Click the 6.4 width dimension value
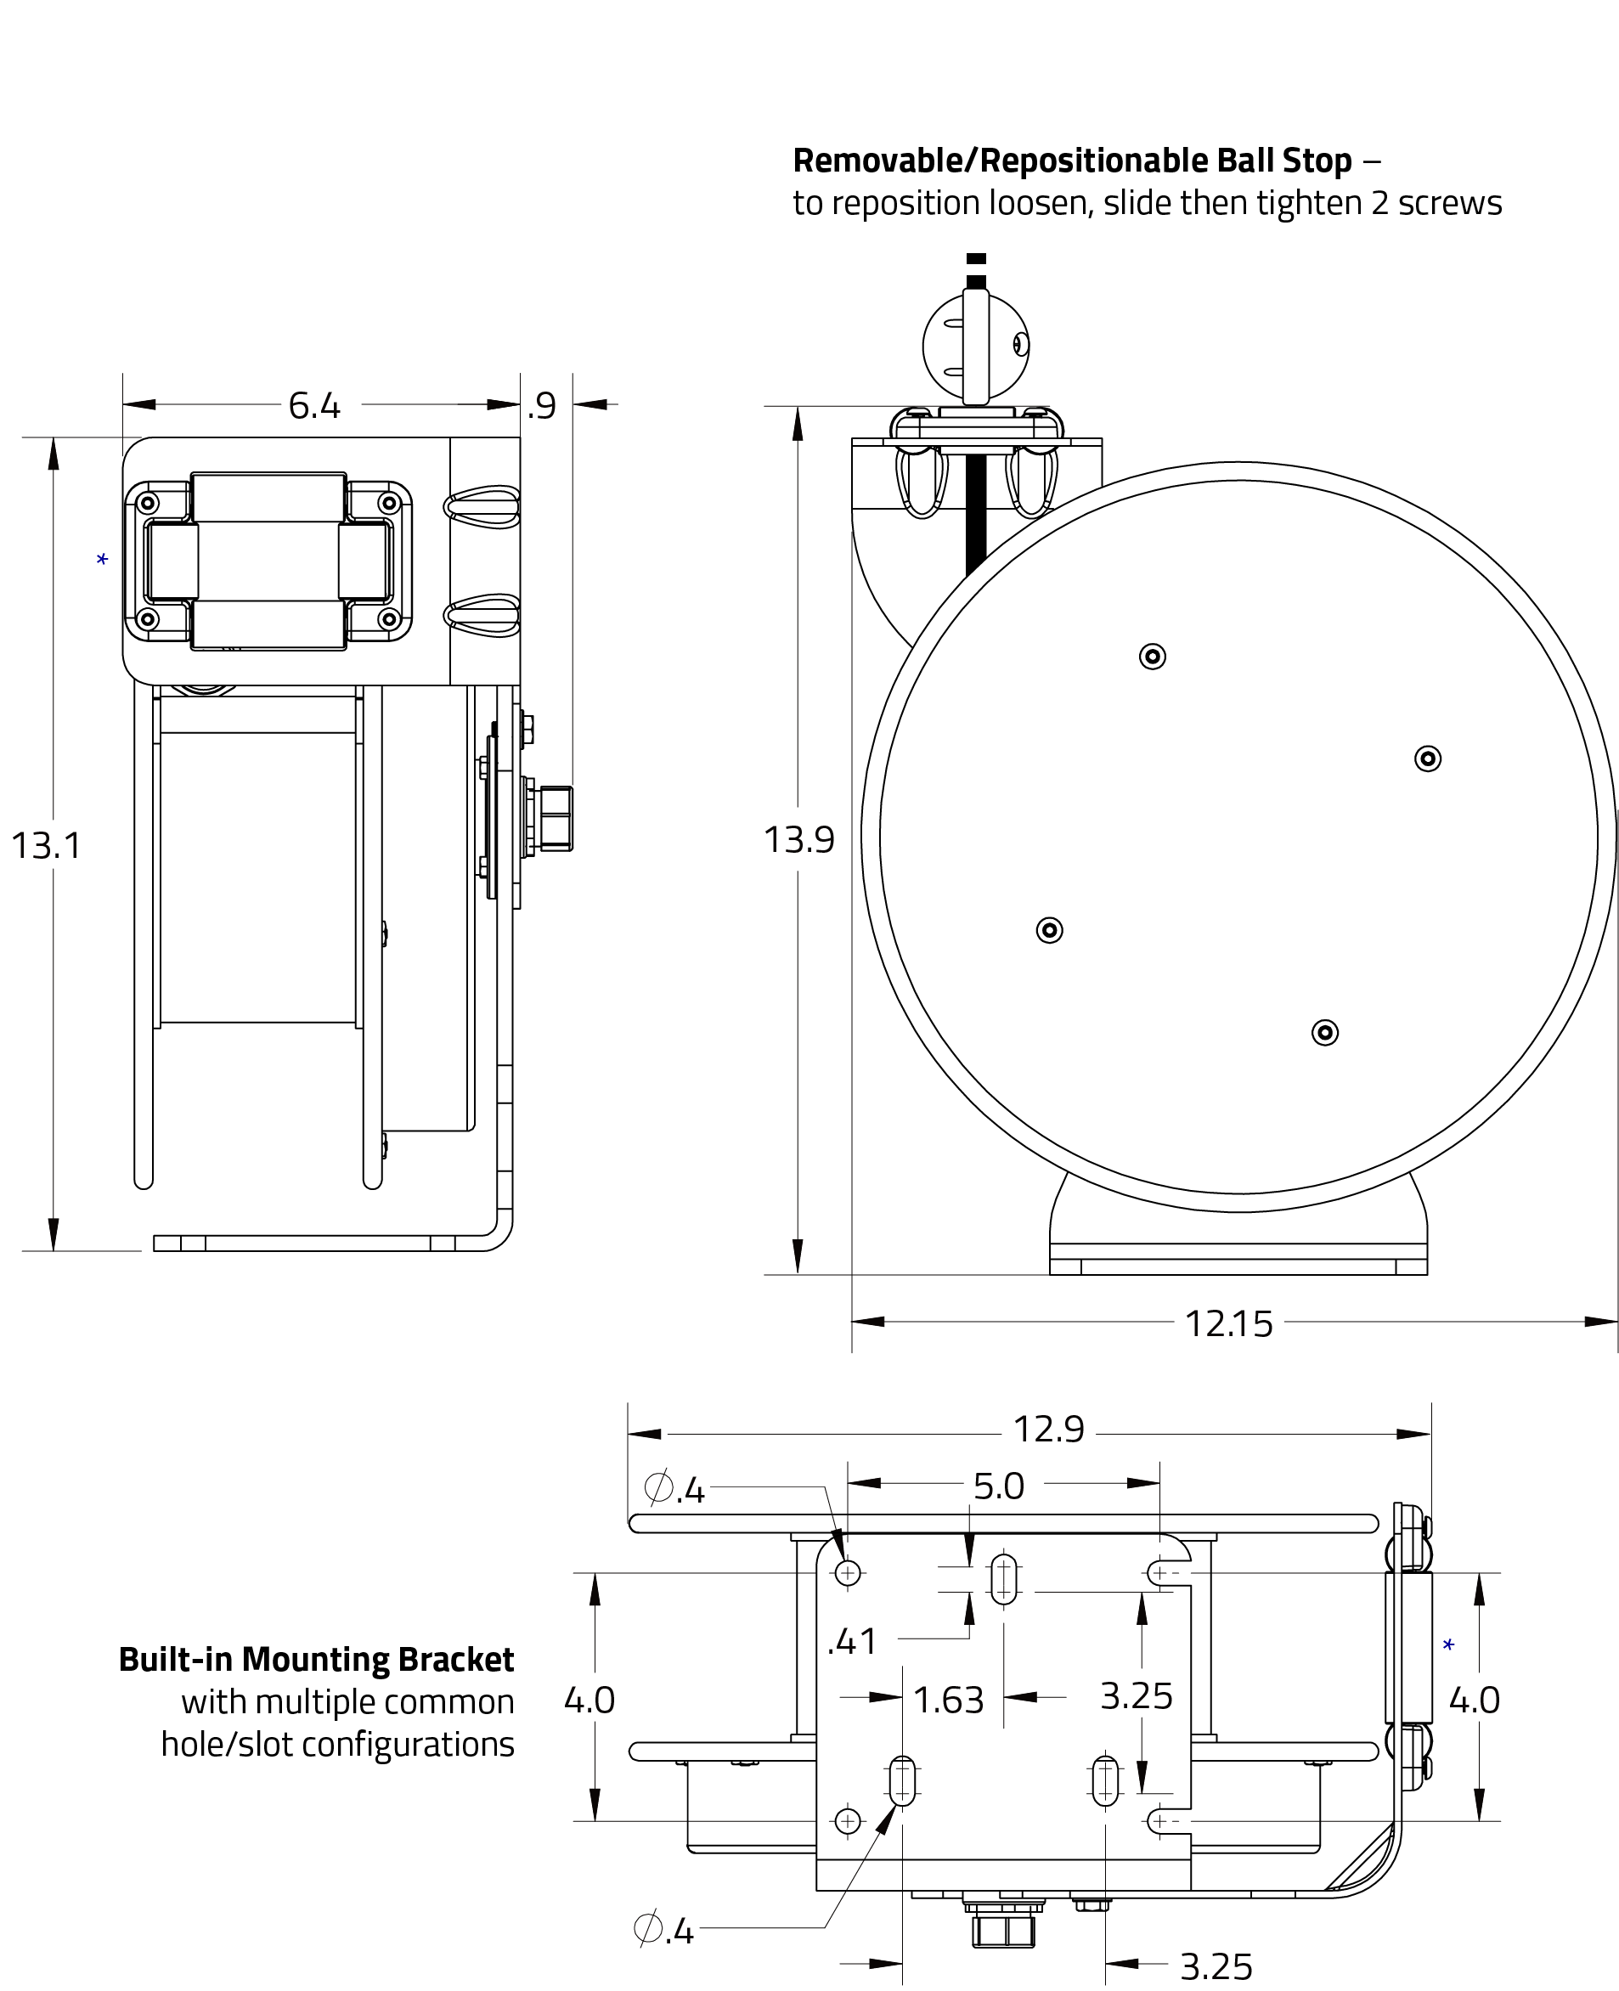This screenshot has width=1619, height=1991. click(x=314, y=406)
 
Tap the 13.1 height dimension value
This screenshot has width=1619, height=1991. click(x=47, y=846)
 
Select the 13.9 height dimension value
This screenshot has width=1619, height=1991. click(x=799, y=840)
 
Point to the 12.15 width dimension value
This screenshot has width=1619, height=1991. click(x=1228, y=1324)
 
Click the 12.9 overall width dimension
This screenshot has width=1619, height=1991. click(x=1048, y=1430)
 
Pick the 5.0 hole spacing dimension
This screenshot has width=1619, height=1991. click(x=999, y=1486)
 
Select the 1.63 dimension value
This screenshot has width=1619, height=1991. click(x=947, y=1700)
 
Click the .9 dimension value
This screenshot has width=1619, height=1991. click(x=542, y=406)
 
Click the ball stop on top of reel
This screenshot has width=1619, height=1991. click(x=975, y=346)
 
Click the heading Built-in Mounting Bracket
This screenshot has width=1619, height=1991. click(x=316, y=1659)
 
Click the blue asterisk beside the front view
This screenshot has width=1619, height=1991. click(x=103, y=560)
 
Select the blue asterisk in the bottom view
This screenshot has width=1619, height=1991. click(x=1448, y=1645)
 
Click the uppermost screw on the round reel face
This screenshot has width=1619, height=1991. click(x=1153, y=657)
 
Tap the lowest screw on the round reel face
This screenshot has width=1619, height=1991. click(x=1324, y=1032)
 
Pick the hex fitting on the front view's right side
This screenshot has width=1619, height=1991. click(x=555, y=820)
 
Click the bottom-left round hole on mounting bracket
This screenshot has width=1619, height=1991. click(x=848, y=1820)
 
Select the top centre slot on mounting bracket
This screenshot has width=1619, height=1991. click(x=1003, y=1579)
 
